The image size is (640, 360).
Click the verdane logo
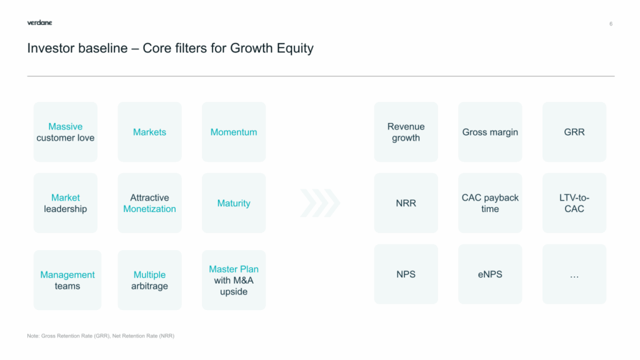39,23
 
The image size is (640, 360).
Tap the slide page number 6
611,24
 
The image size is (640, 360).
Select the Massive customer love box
65,132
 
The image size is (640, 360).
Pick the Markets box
149,132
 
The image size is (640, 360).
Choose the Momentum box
234,132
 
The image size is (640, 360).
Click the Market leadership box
65,203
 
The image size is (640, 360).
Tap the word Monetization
149,209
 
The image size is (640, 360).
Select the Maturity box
234,203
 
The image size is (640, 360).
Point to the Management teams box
67,280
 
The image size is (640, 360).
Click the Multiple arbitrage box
149,280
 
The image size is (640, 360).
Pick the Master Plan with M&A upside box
234,280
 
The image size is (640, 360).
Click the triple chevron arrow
320,203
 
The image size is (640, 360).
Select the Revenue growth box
406,132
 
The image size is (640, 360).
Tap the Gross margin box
490,132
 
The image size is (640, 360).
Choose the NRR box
406,203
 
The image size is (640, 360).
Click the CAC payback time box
490,203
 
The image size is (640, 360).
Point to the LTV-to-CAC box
574,203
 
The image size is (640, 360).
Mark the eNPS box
490,274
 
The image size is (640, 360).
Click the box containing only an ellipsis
574,274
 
